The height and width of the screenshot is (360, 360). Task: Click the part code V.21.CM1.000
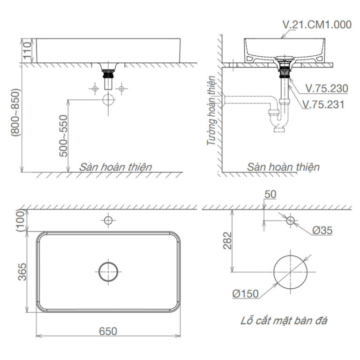[317, 25]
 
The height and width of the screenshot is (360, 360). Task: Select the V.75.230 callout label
[326, 89]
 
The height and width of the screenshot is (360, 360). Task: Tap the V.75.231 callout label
[323, 105]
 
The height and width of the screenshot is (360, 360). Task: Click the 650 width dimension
[108, 331]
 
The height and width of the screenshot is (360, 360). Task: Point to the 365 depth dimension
[22, 272]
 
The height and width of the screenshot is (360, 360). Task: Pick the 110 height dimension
[27, 50]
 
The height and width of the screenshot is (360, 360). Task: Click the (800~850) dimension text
[15, 112]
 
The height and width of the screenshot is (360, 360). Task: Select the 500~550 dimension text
[63, 136]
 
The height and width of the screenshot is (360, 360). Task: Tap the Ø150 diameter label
[246, 294]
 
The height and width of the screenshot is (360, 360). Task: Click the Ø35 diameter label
[322, 230]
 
